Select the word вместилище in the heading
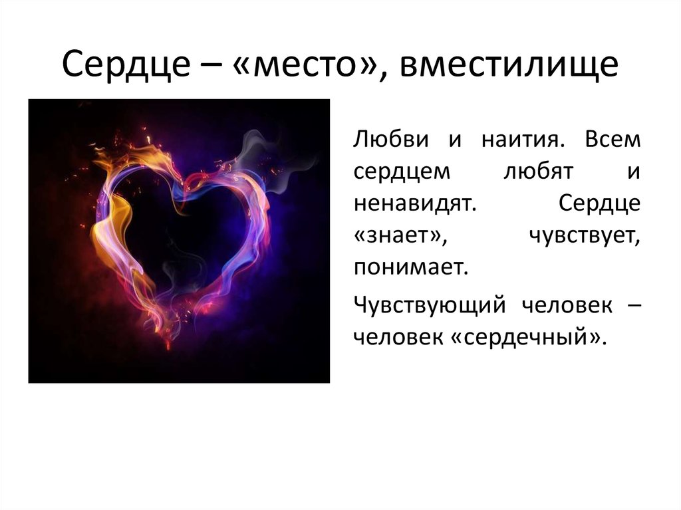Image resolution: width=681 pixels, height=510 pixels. coord(509,64)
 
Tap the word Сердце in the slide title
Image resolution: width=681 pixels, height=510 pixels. coord(126,64)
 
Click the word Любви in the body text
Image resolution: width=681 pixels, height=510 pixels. coord(391,140)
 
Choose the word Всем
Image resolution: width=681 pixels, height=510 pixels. coord(613,140)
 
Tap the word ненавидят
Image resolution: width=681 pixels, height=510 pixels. coord(415,203)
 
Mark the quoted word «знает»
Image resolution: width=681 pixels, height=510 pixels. coord(400,236)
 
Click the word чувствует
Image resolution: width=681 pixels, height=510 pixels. coord(585,237)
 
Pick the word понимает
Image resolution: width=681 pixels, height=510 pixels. coord(411,268)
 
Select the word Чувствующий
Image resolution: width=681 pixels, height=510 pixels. coord(430,305)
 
